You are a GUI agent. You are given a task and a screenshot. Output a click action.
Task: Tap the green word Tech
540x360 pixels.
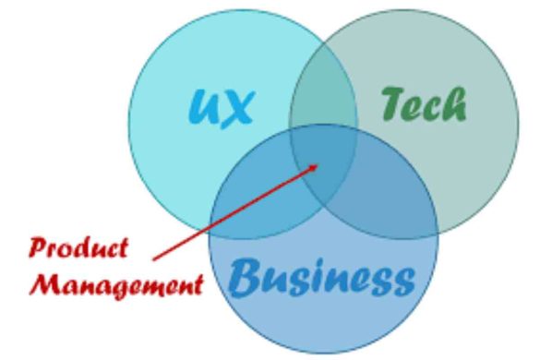[424, 106]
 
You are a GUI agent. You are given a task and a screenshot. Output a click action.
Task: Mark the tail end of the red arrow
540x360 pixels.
[152, 259]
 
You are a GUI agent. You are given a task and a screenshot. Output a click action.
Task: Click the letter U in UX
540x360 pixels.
[205, 108]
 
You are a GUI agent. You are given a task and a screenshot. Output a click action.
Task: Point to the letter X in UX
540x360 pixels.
[236, 108]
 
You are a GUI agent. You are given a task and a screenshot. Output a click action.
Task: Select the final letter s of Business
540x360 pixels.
[401, 278]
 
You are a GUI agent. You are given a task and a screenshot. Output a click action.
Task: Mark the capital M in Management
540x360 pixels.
[42, 281]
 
